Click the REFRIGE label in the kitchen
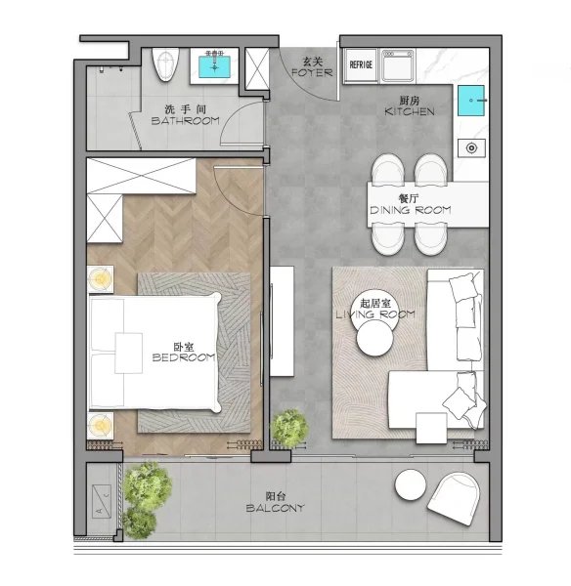pyautogui.click(x=360, y=65)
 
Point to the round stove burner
pyautogui.click(x=471, y=148)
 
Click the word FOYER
pyautogui.click(x=312, y=72)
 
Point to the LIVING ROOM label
pyautogui.click(x=374, y=314)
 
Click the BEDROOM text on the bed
pyautogui.click(x=183, y=357)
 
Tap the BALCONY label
pyautogui.click(x=274, y=508)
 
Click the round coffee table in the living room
pyautogui.click(x=374, y=341)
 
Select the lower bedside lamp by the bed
pyautogui.click(x=100, y=426)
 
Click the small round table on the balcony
pyautogui.click(x=411, y=483)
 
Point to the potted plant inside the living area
pyautogui.click(x=289, y=427)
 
